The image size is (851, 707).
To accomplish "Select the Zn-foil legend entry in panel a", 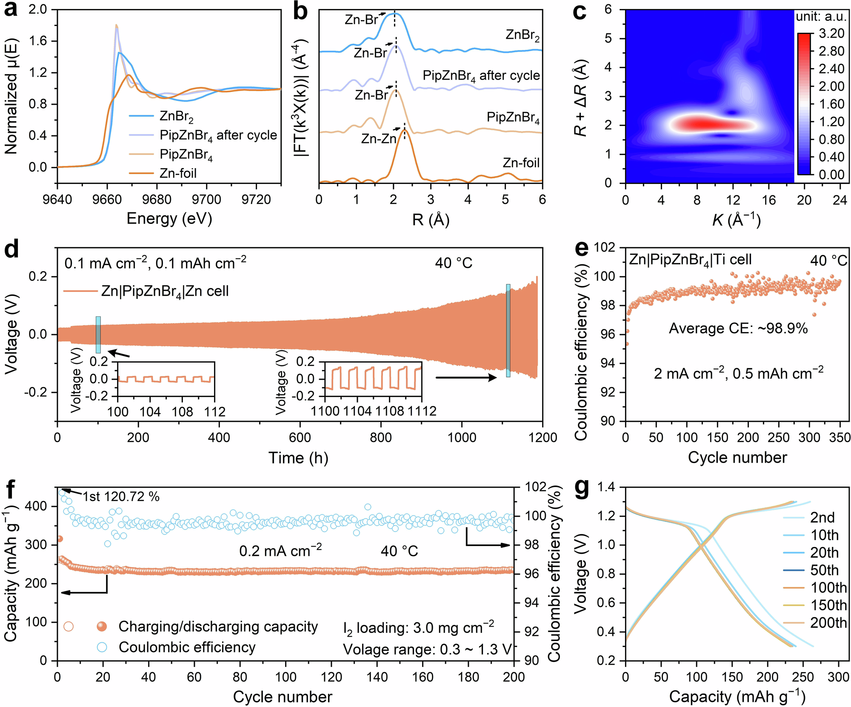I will click(x=178, y=173).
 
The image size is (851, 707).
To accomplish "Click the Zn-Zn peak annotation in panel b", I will click(x=379, y=139).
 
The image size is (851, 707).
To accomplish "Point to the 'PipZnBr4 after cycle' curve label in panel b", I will click(x=481, y=76).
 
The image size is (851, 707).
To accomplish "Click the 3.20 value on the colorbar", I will click(x=831, y=33).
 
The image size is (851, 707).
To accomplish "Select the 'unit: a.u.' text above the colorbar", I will click(x=821, y=17).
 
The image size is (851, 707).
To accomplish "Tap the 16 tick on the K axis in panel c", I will click(x=768, y=200).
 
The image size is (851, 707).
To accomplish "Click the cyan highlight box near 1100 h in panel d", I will click(x=508, y=330).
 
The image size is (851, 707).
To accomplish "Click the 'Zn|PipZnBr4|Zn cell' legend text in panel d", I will click(x=165, y=291).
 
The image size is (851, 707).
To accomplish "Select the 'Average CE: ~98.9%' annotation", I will click(x=738, y=329).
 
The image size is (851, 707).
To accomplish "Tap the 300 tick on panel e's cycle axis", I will click(x=809, y=438).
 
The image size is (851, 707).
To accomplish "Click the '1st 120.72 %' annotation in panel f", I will click(x=121, y=497).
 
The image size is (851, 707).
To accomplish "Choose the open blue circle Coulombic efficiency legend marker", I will click(x=102, y=647).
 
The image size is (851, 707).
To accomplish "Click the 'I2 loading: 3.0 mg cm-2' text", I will click(x=419, y=628).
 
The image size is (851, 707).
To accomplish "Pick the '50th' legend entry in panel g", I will click(x=824, y=570).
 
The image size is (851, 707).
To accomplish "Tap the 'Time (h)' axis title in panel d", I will click(x=298, y=458).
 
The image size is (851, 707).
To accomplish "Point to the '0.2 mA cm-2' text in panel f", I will click(x=280, y=551).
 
